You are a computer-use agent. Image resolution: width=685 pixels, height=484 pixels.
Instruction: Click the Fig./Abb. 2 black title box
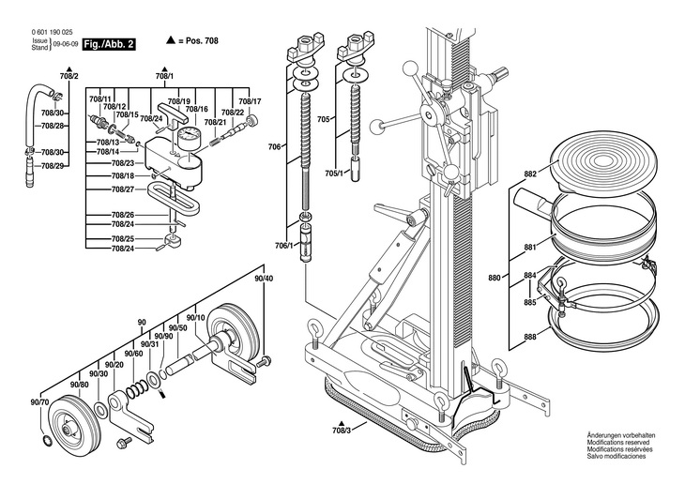coord(109,44)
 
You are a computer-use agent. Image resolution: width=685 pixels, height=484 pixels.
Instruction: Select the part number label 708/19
coord(179,101)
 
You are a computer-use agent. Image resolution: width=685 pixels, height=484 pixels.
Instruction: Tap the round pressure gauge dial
coord(189,136)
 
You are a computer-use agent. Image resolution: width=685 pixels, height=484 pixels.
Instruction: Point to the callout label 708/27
coord(123,189)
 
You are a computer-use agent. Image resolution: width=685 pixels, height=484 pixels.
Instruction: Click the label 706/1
coord(283,246)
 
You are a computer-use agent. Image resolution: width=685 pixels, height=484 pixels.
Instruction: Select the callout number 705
coord(324,119)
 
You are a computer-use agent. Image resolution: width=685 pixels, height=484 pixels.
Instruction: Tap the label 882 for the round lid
coord(530,174)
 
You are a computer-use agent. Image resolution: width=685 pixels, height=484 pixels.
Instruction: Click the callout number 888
coord(530,337)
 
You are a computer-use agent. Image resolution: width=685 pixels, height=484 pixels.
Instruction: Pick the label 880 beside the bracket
coord(495,278)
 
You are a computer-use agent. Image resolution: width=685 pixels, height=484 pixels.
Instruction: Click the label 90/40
coord(264,279)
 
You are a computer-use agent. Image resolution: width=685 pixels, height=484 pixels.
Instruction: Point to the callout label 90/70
coord(39,402)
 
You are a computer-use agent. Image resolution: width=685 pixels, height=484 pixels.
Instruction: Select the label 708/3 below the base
coord(342,431)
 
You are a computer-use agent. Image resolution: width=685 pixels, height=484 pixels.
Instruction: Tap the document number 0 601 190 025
coord(52,32)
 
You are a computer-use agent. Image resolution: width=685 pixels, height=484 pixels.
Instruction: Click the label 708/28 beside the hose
coord(53,126)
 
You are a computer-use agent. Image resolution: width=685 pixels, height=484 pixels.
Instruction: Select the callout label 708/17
coord(250,101)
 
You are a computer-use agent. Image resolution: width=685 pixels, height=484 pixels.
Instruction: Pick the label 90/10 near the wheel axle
coord(196,318)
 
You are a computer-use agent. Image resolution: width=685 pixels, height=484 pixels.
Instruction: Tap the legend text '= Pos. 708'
coord(198,41)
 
